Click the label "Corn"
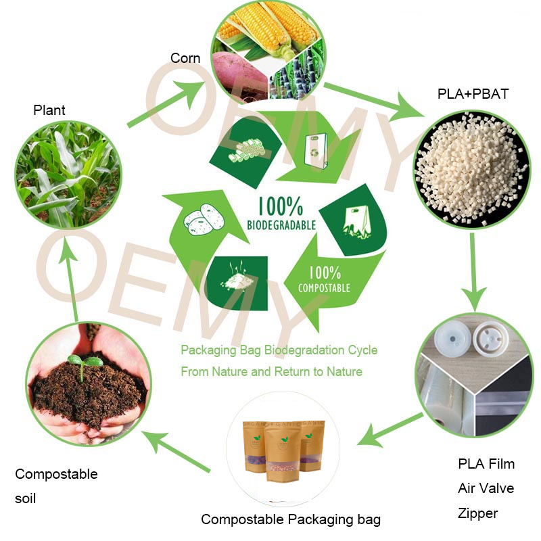tap(185, 58)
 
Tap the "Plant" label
tap(49, 110)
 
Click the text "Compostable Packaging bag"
tap(291, 519)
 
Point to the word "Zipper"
tap(477, 513)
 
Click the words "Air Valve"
tap(486, 488)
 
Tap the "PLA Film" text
tap(486, 464)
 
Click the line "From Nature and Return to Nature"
tap(271, 371)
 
